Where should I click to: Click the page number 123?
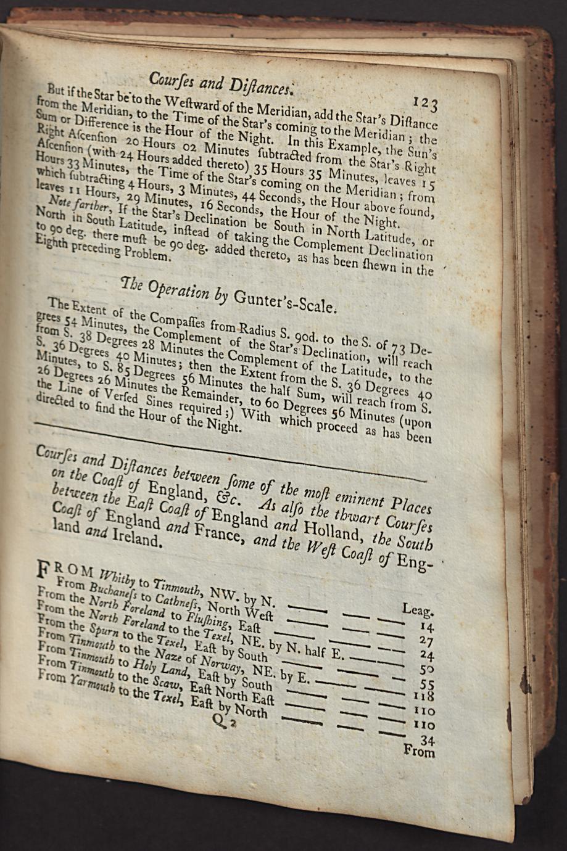426,102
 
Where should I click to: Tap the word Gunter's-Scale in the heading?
284,300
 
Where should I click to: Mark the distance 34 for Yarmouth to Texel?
426,739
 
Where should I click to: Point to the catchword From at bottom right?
419,751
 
